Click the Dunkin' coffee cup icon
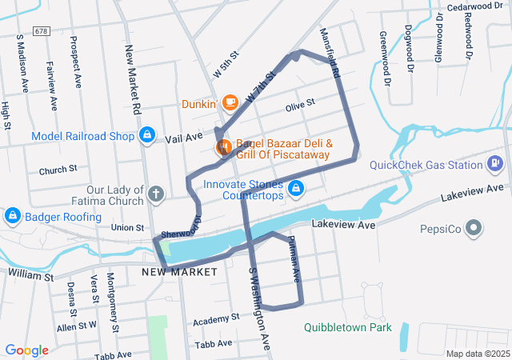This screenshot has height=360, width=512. coord(230,102)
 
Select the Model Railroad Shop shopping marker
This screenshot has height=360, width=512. coord(147,136)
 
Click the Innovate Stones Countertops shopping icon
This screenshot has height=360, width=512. coord(296,189)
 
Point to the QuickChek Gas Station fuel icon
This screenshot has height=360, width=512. coord(496,165)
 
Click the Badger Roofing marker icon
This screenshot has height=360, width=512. coord(13,215)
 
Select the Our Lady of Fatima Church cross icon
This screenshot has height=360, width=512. coord(156,194)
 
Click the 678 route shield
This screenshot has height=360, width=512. coord(42,30)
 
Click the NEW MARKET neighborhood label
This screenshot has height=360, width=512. coord(180,272)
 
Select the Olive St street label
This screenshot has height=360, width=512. coord(301,104)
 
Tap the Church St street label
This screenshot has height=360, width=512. coord(58,170)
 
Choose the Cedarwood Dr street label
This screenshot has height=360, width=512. coord(475,6)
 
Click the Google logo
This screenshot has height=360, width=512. coord(27,350)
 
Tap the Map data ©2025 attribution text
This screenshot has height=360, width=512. coord(477,354)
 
